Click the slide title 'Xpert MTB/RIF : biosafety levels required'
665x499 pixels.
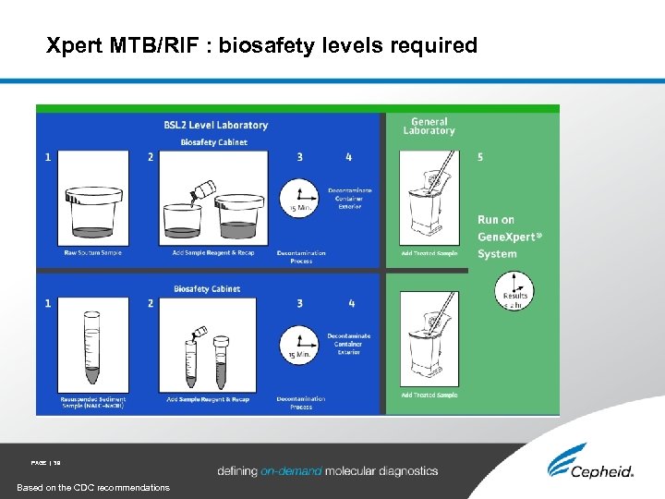(262, 45)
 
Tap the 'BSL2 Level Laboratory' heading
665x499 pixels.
(215, 125)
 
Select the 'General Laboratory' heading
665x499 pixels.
(429, 127)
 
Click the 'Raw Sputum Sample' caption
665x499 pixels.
(92, 253)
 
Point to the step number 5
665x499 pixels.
(480, 158)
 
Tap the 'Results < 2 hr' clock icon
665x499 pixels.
(514, 293)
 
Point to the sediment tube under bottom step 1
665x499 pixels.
(91, 348)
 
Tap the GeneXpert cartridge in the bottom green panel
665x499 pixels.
(429, 347)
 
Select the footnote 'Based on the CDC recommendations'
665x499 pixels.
(93, 487)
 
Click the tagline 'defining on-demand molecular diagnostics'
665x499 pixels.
(328, 471)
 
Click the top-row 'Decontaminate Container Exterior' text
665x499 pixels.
(350, 199)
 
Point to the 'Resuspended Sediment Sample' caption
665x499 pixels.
(93, 402)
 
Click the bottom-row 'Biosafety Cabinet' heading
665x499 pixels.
(207, 289)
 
